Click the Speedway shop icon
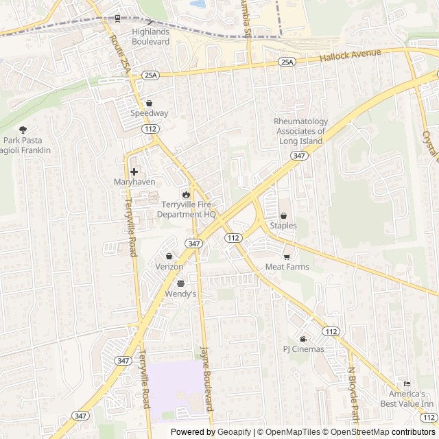pos(149,103)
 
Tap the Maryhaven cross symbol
pos(134,171)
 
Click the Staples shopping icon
pos(283,215)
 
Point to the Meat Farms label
pos(287,267)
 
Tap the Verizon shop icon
pos(169,256)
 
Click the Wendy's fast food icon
pos(180,283)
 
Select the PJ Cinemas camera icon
pos(303,339)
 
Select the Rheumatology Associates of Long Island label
pos(301,131)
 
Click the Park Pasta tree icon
pos(23,130)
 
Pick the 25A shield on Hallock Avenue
pos(286,62)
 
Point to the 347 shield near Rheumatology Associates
pos(298,156)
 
